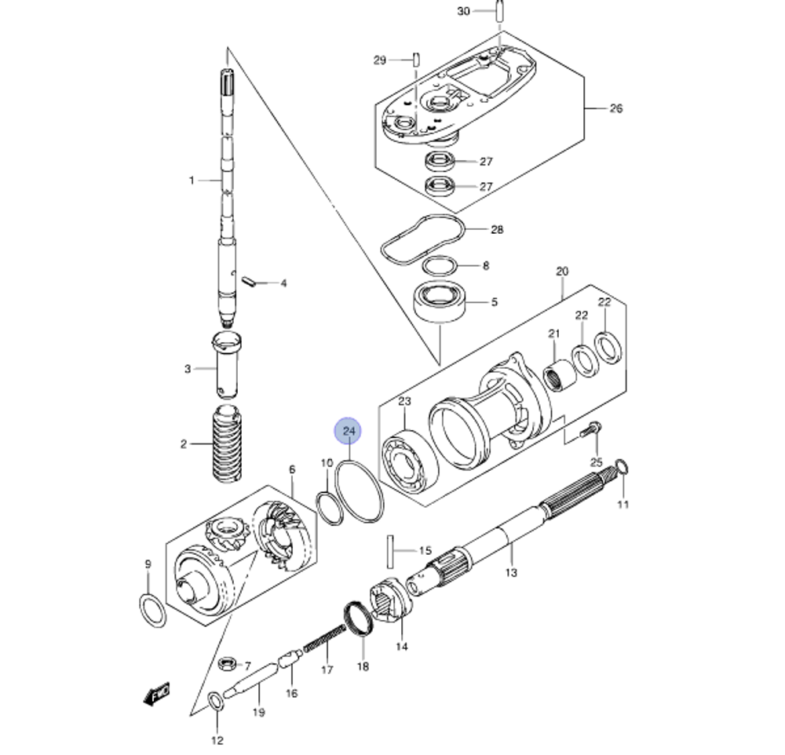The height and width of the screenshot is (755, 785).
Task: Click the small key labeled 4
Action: click(x=250, y=279)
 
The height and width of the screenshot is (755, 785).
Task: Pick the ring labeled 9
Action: click(x=152, y=611)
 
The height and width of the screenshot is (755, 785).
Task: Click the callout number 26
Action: click(x=615, y=108)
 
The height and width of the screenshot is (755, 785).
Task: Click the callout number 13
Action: click(x=511, y=572)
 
